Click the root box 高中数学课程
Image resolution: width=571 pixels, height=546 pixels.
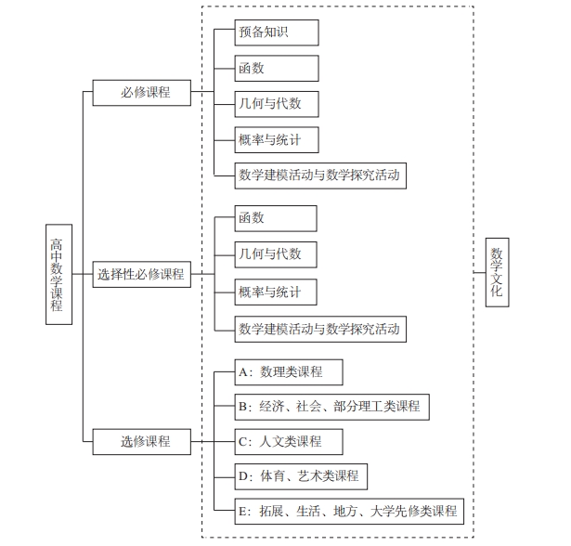(x=57, y=274)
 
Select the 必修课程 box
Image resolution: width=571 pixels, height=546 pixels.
(x=142, y=93)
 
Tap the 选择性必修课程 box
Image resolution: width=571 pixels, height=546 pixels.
(x=142, y=275)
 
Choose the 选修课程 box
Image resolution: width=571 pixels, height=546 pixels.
(x=142, y=441)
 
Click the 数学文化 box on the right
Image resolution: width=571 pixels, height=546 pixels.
(x=498, y=272)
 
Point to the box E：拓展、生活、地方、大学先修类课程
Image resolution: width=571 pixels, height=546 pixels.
(x=347, y=511)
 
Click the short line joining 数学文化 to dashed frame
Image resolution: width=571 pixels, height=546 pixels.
(x=479, y=273)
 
